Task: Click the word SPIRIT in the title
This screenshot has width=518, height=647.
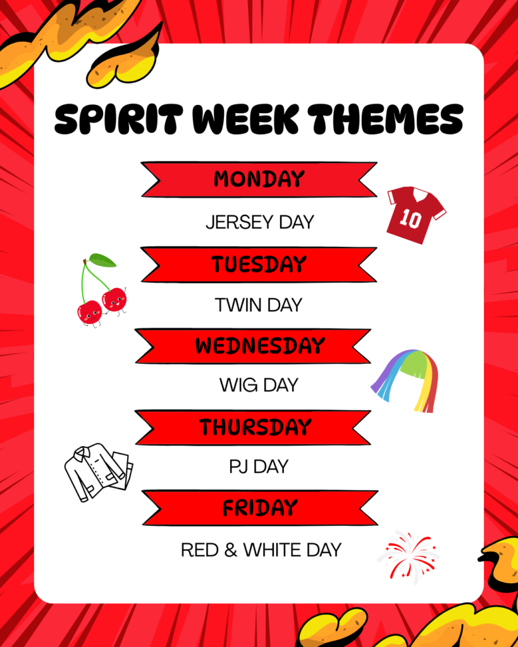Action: click(x=118, y=119)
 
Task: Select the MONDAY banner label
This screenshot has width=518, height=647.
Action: click(x=259, y=179)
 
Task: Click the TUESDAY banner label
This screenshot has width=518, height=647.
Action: click(x=259, y=264)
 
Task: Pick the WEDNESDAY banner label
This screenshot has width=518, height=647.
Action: click(x=260, y=346)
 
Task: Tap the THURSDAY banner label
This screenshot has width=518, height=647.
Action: click(x=256, y=427)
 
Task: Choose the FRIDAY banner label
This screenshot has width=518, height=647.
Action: click(x=260, y=508)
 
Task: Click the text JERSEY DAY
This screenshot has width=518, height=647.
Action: click(x=260, y=222)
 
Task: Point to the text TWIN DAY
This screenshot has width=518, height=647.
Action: click(x=259, y=305)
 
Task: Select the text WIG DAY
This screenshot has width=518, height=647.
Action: click(x=259, y=385)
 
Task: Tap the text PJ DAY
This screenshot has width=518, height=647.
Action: click(x=259, y=467)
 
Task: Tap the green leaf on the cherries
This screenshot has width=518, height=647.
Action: click(x=103, y=260)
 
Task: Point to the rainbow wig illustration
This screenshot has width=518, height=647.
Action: click(x=405, y=380)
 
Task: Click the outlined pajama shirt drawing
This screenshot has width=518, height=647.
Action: click(x=98, y=472)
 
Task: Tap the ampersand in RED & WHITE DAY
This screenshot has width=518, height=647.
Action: click(x=231, y=550)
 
